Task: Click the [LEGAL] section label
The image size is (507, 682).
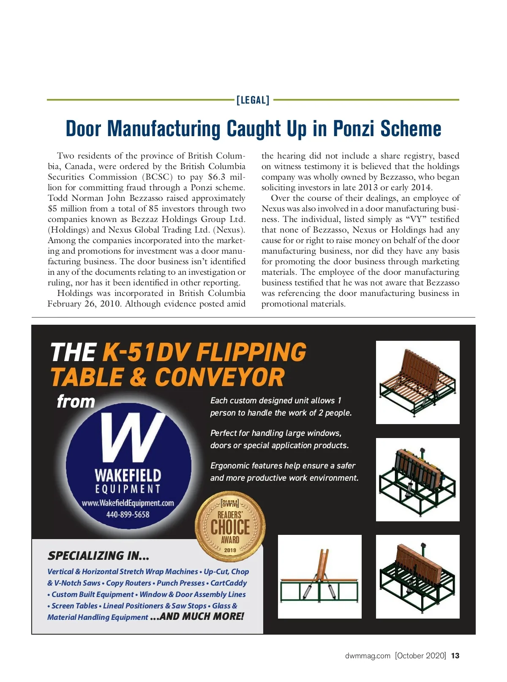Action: pos(253,100)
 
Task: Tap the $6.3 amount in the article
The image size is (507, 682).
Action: pos(217,177)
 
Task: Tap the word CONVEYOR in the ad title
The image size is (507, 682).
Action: pos(220,377)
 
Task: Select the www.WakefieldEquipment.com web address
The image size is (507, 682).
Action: pos(128,503)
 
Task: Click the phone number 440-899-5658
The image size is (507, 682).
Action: pos(128,515)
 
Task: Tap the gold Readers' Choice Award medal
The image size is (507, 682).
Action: pos(230,526)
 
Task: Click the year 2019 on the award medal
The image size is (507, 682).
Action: pos(230,550)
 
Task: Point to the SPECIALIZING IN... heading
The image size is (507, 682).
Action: pos(98,556)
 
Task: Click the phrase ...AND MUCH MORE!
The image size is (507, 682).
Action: pos(197,616)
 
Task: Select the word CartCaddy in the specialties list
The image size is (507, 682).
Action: pos(229,583)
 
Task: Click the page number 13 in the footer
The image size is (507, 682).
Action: pos(455,656)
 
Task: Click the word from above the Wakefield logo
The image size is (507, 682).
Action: pos(76,401)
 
